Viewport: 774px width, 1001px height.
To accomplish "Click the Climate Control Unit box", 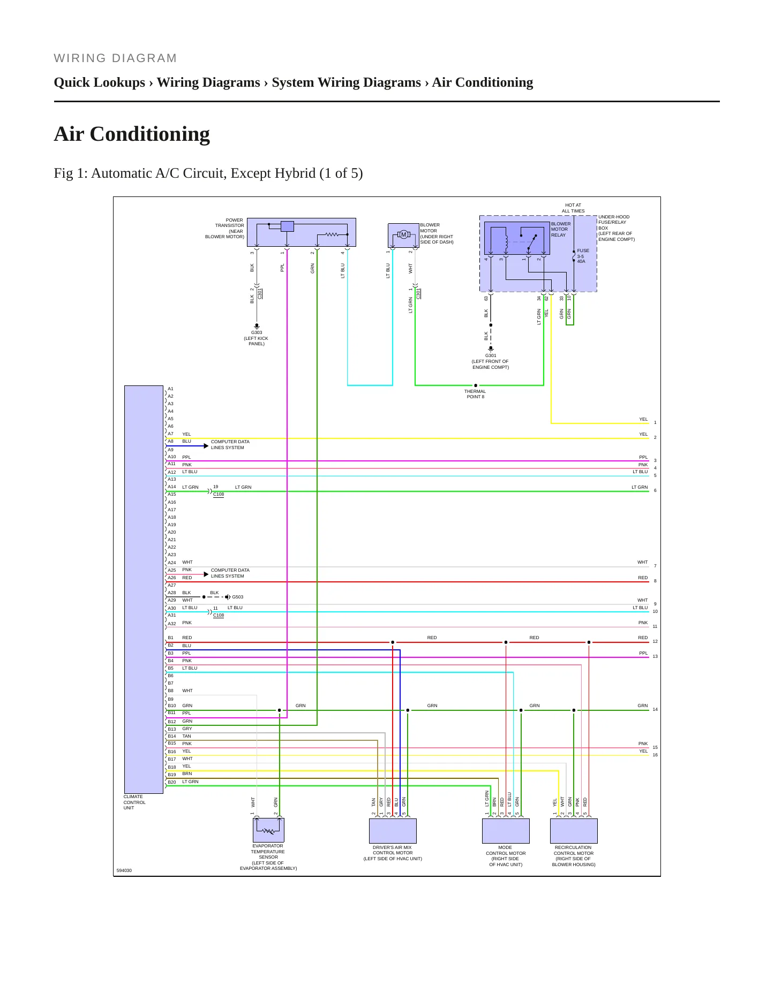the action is [x=144, y=589].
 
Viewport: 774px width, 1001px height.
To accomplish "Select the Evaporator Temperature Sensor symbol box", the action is [x=268, y=830].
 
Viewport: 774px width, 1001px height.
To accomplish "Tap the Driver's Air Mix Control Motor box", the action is [x=393, y=831].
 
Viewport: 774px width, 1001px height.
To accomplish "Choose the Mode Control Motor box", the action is [x=506, y=831].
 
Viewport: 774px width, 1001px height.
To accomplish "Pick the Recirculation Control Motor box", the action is [x=574, y=831].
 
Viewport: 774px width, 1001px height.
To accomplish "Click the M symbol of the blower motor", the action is [x=404, y=234].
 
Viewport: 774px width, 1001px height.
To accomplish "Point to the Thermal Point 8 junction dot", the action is [x=476, y=385].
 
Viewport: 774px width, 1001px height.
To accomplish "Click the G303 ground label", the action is [x=257, y=332].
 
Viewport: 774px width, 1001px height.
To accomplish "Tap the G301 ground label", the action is [x=491, y=355].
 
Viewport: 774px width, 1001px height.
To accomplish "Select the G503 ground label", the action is [x=237, y=597].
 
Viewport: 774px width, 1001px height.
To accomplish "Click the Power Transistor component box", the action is [x=302, y=232].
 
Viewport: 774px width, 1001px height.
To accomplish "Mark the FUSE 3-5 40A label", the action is [x=583, y=256].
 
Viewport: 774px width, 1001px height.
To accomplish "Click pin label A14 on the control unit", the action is [x=171, y=487].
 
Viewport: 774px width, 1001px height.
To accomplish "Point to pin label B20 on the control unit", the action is [x=171, y=782].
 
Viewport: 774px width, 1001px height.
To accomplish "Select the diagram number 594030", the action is [x=124, y=870].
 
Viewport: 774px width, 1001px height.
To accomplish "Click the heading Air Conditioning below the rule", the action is [x=132, y=134].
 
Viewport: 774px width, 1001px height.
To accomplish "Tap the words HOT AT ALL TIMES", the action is [x=573, y=208].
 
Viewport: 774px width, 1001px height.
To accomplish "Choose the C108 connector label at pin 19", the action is [x=219, y=494].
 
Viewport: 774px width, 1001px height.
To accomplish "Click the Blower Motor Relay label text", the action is [x=560, y=229].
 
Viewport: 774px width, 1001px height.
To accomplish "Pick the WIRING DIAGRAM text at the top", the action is [x=115, y=58].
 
